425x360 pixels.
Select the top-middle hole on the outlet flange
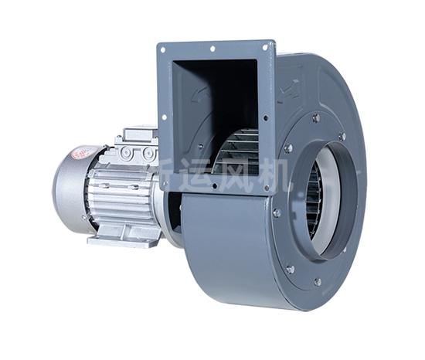point(212,49)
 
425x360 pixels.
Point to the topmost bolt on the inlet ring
point(315,118)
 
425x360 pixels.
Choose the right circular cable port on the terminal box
point(148,154)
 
